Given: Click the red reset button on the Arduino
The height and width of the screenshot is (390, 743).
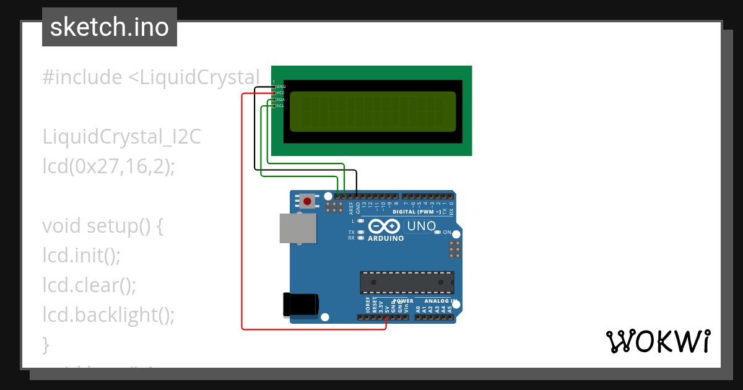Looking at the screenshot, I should tap(307, 201).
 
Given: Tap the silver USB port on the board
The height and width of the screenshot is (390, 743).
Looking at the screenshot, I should tap(297, 228).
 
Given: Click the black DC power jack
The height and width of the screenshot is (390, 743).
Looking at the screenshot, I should tap(300, 304).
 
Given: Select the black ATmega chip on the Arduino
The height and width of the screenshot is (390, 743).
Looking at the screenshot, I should tap(407, 282).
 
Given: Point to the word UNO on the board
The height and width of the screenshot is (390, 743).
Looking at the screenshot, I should tap(422, 227).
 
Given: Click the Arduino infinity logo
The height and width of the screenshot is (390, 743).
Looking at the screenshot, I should tap(384, 227).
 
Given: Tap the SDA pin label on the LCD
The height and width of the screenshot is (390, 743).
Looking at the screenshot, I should tap(280, 100).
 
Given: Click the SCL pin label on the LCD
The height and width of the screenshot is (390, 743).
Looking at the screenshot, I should tap(280, 106).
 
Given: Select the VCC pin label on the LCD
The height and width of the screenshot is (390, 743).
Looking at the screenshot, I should tap(280, 93).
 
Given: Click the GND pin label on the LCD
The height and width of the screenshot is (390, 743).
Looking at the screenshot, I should tap(280, 87).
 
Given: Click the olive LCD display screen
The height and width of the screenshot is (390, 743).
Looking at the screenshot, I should tap(373, 111).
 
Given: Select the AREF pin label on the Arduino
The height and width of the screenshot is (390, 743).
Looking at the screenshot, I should tap(351, 207).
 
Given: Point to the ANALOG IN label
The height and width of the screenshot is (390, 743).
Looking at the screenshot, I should tap(440, 301).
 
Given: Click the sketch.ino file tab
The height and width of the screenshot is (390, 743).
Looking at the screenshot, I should tap(110, 27).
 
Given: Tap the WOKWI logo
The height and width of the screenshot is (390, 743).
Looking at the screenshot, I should tap(658, 342).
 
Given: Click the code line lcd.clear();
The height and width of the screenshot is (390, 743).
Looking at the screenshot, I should tap(89, 285).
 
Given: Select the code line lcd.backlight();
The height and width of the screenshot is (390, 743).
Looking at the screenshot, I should tap(108, 314).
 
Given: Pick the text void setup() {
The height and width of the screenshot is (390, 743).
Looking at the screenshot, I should tap(103, 225).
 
